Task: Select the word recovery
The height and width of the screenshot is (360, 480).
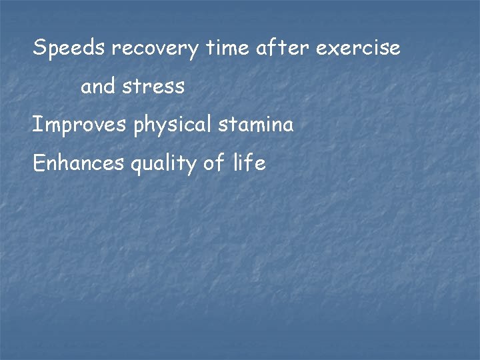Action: pos(155,49)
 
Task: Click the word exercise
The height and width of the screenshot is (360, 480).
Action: pos(359,48)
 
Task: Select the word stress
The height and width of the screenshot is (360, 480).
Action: pos(153,87)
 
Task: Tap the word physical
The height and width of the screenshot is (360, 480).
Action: pos(175,125)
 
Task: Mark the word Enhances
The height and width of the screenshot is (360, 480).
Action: pos(79,163)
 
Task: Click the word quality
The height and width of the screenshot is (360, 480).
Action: pos(163,164)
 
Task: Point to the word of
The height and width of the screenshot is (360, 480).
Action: pos(214,163)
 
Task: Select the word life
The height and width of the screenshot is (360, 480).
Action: pos(250,163)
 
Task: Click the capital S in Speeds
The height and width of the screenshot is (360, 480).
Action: pos(39,48)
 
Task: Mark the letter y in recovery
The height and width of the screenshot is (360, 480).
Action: pos(193,51)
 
